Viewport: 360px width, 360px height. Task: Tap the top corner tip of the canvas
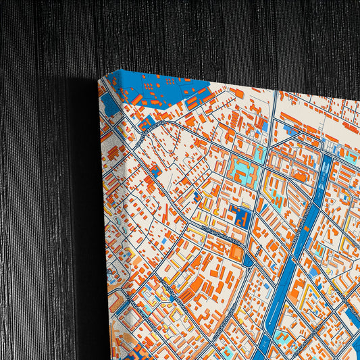click(x=101, y=79)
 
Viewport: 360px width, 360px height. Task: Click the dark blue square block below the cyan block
click(x=240, y=217)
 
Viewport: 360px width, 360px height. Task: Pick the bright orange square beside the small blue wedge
click(x=236, y=252)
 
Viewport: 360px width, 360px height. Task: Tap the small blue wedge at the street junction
click(x=247, y=260)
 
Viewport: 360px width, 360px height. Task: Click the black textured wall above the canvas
click(x=203, y=34)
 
